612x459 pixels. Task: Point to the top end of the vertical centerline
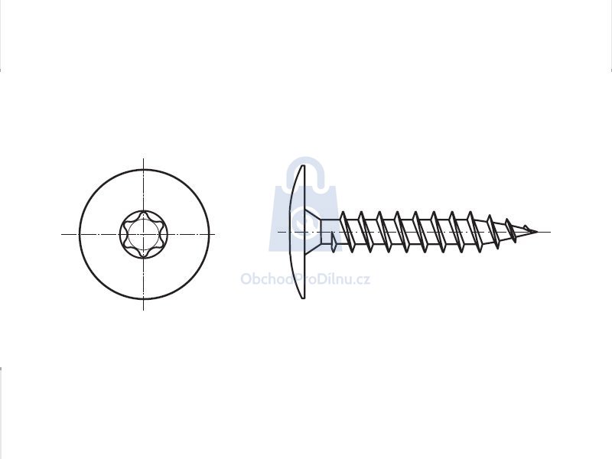click(x=144, y=159)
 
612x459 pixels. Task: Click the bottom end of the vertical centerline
click(x=144, y=310)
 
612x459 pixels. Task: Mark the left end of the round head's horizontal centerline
click(x=62, y=234)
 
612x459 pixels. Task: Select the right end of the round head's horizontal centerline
click(x=214, y=234)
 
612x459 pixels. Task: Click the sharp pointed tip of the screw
click(x=537, y=232)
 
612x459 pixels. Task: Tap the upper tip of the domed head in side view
click(x=303, y=166)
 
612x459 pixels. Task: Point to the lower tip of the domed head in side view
click(x=303, y=298)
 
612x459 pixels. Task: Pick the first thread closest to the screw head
click(x=347, y=232)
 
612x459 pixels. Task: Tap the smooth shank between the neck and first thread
click(x=331, y=226)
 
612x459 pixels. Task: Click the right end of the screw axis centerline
click(x=549, y=232)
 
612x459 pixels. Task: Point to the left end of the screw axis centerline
click(x=278, y=232)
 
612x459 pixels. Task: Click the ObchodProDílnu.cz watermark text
click(x=305, y=279)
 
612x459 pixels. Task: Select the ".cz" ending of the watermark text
click(x=362, y=280)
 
